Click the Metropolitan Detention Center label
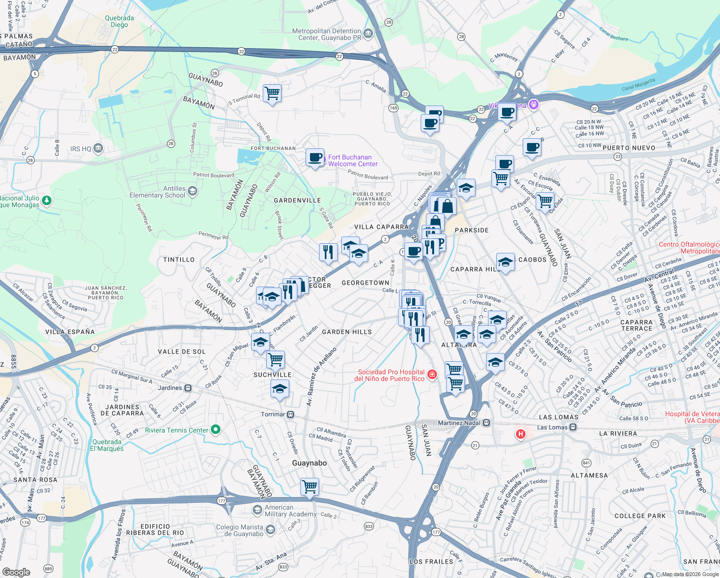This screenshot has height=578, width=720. (326, 34)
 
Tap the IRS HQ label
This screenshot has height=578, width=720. (80, 149)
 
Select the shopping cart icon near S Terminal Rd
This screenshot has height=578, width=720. (272, 93)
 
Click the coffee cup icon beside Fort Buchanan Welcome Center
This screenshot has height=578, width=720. (315, 158)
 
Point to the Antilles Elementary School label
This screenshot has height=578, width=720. (157, 192)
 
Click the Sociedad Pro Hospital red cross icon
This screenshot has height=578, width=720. (432, 375)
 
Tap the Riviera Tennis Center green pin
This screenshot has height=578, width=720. (216, 429)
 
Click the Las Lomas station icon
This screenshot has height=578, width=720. (573, 427)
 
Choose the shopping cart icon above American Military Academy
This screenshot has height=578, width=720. (309, 486)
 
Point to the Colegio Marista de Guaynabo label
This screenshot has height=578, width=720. (240, 530)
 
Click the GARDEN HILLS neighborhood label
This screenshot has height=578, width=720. (347, 332)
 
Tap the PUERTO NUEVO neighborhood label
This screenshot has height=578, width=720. (629, 148)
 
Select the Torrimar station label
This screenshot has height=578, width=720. (273, 414)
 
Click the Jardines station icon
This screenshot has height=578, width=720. (188, 388)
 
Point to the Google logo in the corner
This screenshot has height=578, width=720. (16, 572)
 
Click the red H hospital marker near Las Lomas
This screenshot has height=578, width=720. (520, 434)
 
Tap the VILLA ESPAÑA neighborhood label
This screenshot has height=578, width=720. (70, 332)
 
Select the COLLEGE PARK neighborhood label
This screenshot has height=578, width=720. (640, 516)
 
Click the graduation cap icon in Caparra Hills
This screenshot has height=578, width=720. (505, 263)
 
